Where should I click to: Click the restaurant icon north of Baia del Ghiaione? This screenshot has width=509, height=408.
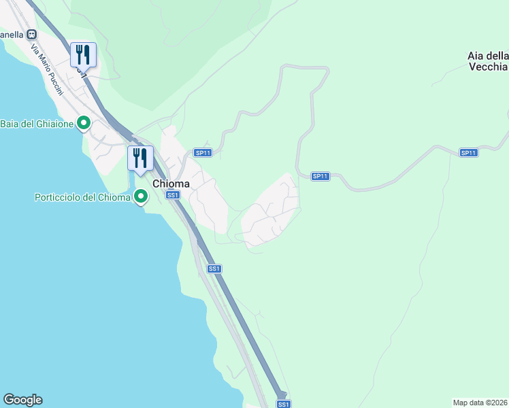(x=83, y=54)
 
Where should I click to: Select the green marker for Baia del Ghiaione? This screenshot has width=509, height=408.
(x=84, y=123)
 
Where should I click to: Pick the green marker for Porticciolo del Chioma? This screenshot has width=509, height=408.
(x=142, y=197)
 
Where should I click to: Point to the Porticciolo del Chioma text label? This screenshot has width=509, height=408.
(x=82, y=198)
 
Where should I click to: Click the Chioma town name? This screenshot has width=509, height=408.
(x=171, y=184)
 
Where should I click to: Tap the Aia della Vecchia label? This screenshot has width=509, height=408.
(x=487, y=61)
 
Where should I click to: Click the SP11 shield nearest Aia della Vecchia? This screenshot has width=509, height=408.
(x=468, y=152)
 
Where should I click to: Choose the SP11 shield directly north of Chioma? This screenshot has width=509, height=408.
(x=203, y=153)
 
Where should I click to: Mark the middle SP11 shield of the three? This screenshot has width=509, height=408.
(x=321, y=176)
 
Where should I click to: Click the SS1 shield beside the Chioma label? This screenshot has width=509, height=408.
(x=174, y=195)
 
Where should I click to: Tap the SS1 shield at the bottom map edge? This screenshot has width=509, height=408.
(x=284, y=404)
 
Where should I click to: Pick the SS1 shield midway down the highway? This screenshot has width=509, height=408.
(x=214, y=269)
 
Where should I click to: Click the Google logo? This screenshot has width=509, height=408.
(x=22, y=400)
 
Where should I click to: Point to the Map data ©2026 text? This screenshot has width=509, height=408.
(x=480, y=403)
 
